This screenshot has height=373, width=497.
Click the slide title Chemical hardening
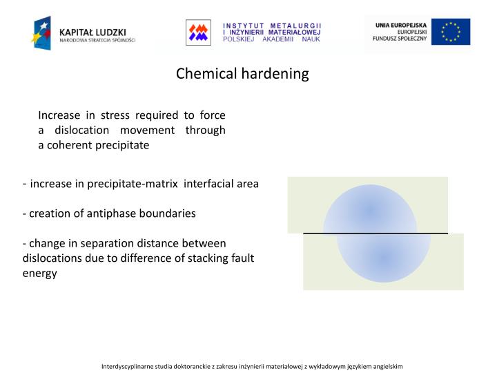point(242,73)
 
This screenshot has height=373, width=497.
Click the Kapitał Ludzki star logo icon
point(41,32)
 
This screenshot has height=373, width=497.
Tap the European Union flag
point(451,32)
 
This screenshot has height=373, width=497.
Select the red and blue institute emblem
point(198,32)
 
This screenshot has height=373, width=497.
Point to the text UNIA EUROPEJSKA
point(401,25)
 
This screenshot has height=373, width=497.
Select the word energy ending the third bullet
point(39,274)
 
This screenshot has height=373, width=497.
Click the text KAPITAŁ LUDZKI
point(92,31)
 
